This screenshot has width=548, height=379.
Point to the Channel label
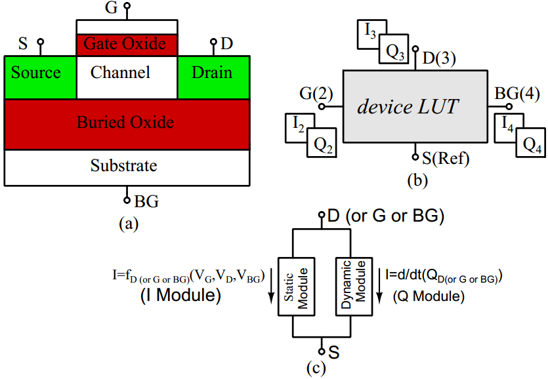coord(120,72)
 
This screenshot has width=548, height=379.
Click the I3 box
coord(369,32)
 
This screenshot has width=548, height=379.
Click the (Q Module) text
coord(429,296)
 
